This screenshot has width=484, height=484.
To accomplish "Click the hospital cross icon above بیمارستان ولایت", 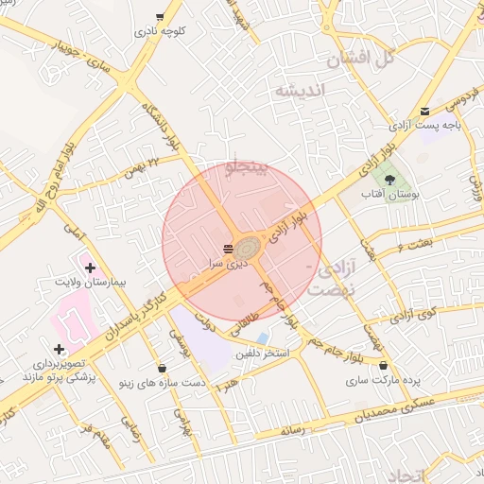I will click(x=90, y=268).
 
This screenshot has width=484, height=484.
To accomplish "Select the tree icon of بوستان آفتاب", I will click(x=390, y=179).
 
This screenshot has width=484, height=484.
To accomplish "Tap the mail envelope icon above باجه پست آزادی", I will click(x=424, y=111).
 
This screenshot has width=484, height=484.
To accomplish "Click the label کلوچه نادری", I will click(x=160, y=31).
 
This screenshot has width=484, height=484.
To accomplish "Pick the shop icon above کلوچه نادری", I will click(x=160, y=17).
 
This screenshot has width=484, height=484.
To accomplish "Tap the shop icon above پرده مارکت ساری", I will click(x=383, y=366).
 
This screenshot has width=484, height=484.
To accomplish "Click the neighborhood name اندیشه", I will click(x=300, y=90).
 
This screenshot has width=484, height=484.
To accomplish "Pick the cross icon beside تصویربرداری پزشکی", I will click(x=59, y=350).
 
